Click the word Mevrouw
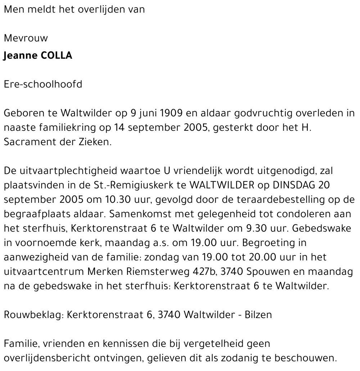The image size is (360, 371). coord(26,38)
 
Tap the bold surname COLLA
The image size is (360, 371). coord(57,56)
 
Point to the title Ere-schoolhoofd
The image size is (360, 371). coord(43,84)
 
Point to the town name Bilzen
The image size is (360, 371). coord(258,315)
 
